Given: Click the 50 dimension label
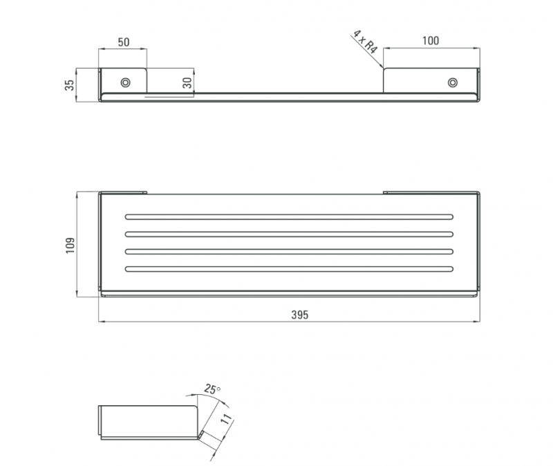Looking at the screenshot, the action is [x=124, y=42].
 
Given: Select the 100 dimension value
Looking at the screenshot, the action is [x=431, y=41].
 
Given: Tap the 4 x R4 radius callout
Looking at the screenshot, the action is [x=365, y=41].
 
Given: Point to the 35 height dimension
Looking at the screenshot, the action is [x=70, y=85].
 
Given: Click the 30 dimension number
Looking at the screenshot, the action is [x=187, y=83].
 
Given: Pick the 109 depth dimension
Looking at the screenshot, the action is [x=71, y=245].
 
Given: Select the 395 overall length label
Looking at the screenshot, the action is [x=299, y=315].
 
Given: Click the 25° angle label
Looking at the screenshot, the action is [x=212, y=389].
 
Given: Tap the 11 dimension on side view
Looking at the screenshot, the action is [x=227, y=418].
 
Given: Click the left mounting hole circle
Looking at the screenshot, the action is [x=125, y=82].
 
